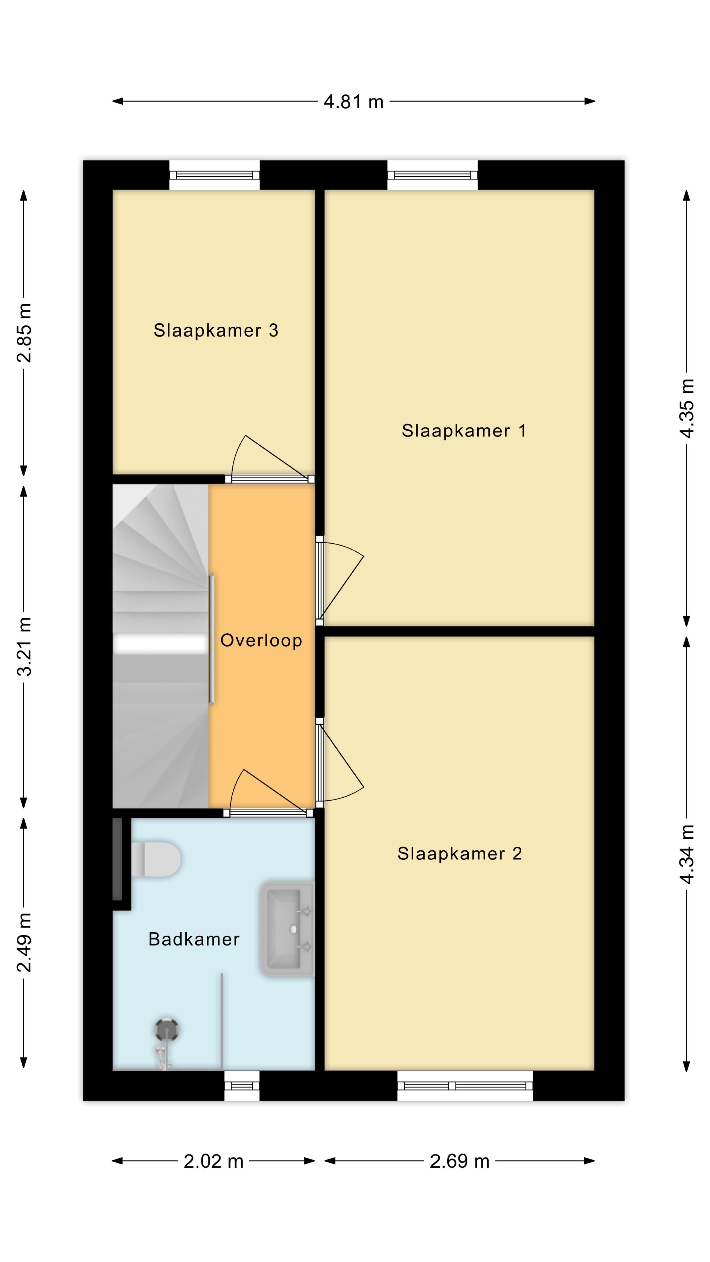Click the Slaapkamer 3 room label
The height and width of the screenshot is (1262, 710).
[x=216, y=331]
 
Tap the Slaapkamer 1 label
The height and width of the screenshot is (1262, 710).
[x=464, y=431]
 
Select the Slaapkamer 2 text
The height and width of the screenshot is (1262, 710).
[x=460, y=853]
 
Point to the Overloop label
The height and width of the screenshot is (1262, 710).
[x=261, y=640]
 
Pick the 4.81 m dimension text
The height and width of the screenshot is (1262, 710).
[x=353, y=102]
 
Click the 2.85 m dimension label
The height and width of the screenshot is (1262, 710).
[x=24, y=333]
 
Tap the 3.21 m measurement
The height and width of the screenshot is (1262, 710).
[x=24, y=647]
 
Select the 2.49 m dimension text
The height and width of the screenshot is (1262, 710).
[x=24, y=943]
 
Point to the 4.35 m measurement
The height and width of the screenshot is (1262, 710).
[x=687, y=409]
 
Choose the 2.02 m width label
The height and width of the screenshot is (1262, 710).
[x=214, y=1161]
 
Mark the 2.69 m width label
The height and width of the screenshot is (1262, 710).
[x=460, y=1161]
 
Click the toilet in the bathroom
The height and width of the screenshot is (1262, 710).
[x=156, y=859]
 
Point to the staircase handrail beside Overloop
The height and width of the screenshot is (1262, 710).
[x=212, y=639]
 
